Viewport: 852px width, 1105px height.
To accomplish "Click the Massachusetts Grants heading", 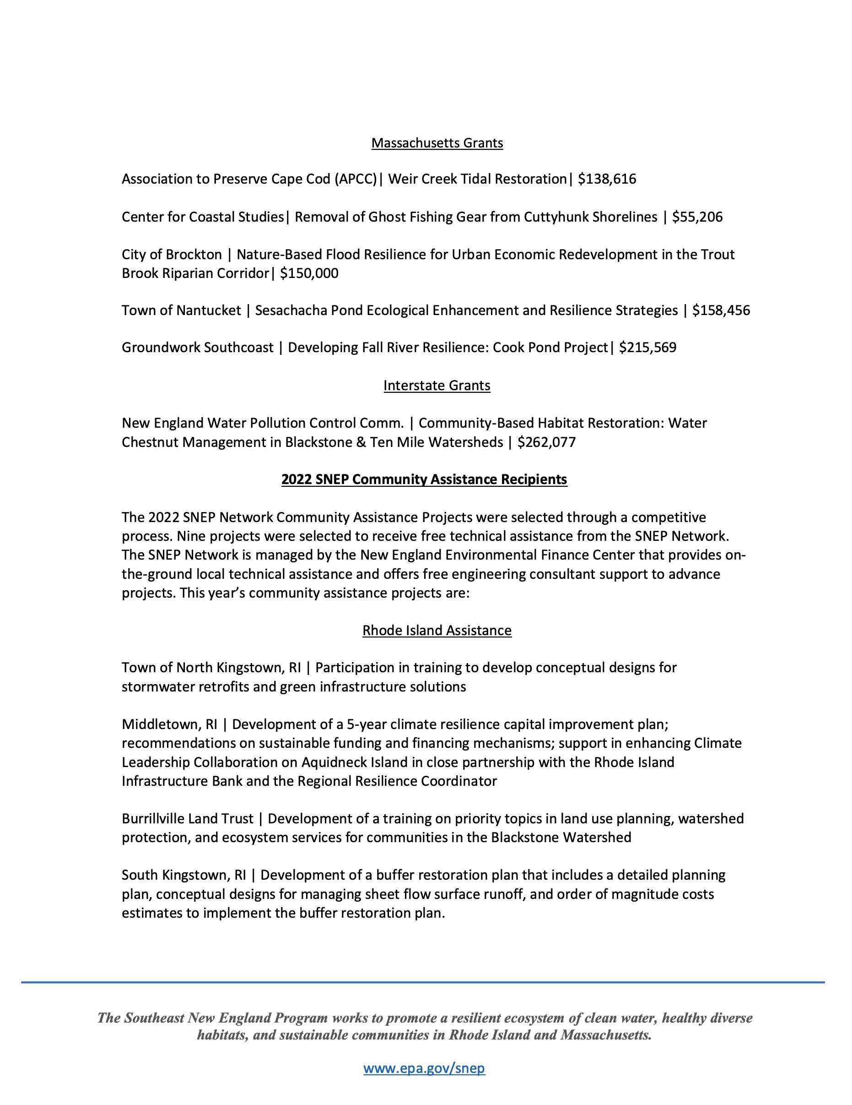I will (x=437, y=143).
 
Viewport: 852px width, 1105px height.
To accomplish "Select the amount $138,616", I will (x=607, y=179).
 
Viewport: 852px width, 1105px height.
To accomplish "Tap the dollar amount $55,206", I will (x=697, y=217).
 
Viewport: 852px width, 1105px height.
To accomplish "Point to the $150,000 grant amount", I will (x=309, y=274).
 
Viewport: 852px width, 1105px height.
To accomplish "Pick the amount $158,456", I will (x=721, y=310).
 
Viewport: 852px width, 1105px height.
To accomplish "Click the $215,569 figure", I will (x=648, y=348).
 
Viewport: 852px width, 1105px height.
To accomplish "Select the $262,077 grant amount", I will (x=547, y=443).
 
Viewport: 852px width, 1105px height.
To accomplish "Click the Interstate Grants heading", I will (x=437, y=386).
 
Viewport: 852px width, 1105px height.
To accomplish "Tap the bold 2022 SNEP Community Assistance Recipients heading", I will (x=424, y=479).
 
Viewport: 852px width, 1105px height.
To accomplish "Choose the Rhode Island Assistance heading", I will (x=437, y=631).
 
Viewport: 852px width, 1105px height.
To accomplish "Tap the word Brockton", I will (x=194, y=255).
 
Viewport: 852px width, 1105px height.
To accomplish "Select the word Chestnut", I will (x=150, y=443).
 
